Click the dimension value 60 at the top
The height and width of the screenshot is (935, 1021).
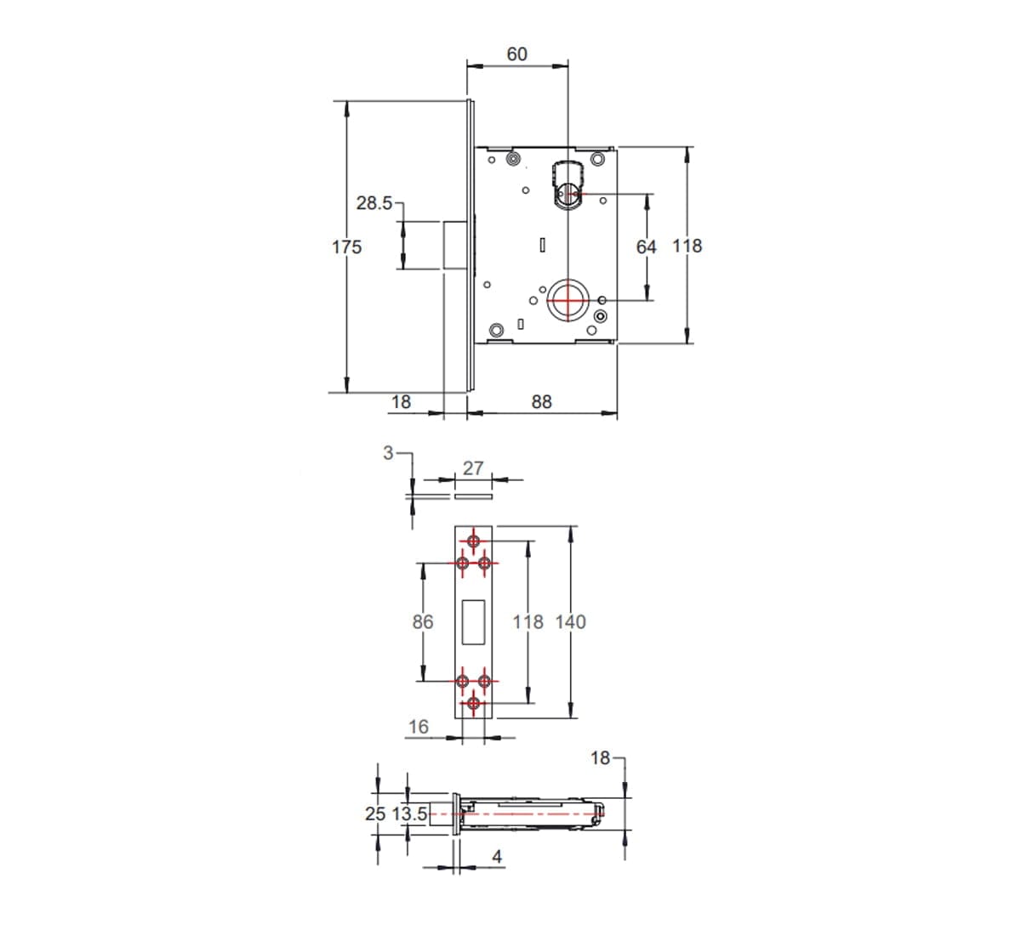(516, 54)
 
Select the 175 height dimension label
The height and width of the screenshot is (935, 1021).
(346, 247)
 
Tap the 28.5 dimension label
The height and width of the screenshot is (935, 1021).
(374, 203)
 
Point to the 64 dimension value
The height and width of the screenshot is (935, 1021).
(646, 247)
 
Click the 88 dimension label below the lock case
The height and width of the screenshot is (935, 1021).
(541, 402)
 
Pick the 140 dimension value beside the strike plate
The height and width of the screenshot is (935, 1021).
(571, 621)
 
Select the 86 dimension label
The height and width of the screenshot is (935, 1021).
(423, 621)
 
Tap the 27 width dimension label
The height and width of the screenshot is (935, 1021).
(473, 468)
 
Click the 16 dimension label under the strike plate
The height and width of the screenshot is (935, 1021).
(419, 727)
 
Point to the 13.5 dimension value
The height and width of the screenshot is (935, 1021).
(409, 814)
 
